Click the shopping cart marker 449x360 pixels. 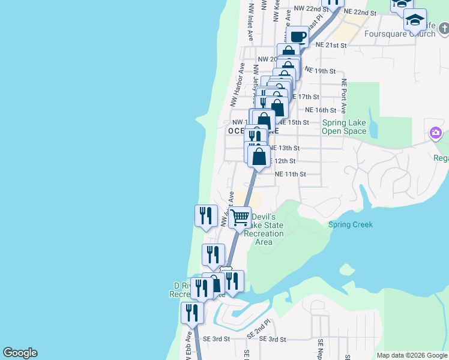[x=240, y=217]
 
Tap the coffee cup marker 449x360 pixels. [x=298, y=37]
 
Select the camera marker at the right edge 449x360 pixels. [x=435, y=132]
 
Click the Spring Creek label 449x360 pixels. [x=351, y=225]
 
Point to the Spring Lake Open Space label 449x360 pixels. [x=344, y=127]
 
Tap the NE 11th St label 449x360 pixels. [x=291, y=175]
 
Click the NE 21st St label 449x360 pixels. [x=331, y=45]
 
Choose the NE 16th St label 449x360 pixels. [x=321, y=110]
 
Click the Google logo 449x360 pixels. [x=20, y=353]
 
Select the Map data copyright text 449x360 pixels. [x=411, y=355]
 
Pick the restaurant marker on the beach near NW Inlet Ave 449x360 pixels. [x=206, y=215]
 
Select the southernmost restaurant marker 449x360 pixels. [x=191, y=313]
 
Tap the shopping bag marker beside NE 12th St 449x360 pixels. [x=259, y=157]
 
